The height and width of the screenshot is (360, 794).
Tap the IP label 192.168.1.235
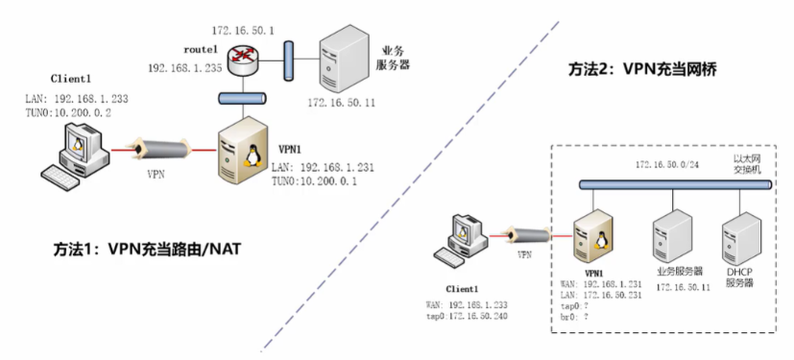[184, 69]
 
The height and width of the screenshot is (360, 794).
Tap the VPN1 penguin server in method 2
[592, 236]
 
